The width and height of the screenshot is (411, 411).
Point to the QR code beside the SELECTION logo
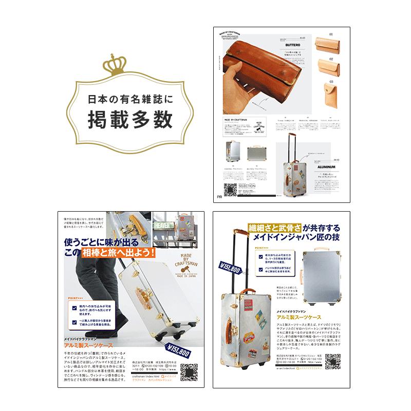pos(229,188)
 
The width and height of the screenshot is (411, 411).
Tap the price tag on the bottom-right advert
pos(230,269)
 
